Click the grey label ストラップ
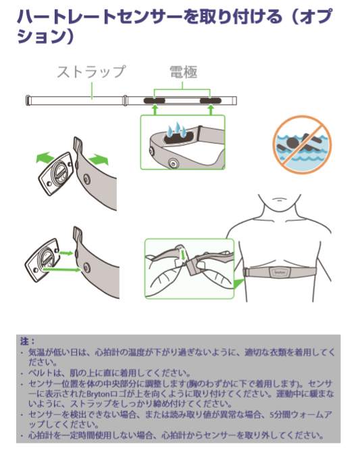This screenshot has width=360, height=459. pos(91,72)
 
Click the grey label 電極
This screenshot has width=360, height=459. pos(183,72)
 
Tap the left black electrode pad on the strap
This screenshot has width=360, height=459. pos(155,101)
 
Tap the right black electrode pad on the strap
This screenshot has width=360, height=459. pos(210,101)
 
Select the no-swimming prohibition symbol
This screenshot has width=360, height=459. pos(302,144)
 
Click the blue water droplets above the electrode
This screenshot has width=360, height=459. pos(177,130)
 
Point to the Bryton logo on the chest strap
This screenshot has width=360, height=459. pos(280,272)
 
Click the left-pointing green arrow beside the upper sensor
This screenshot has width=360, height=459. pos(45,157)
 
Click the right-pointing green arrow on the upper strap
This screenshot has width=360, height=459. pos(99,160)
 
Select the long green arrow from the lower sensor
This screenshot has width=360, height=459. pos(62,269)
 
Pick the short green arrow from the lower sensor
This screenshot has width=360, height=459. pos(66,252)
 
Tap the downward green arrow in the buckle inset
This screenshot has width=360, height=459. pos(183,254)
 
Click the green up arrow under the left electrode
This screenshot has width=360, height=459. pos(155,110)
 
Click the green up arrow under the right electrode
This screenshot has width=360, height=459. pos(211,110)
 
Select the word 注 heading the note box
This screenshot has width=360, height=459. pos(24,342)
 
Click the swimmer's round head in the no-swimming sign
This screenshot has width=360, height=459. pos(292,143)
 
